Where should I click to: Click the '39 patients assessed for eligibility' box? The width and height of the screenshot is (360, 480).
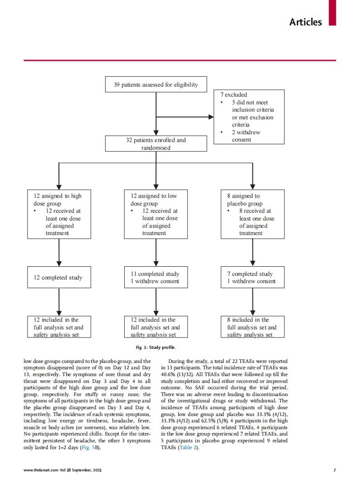(x=156, y=84)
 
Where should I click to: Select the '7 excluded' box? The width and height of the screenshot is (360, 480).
(x=249, y=117)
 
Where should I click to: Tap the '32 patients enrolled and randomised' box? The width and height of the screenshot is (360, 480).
(x=156, y=143)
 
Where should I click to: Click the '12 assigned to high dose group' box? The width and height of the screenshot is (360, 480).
(x=59, y=214)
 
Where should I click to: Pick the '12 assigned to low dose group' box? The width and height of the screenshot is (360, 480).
(x=156, y=214)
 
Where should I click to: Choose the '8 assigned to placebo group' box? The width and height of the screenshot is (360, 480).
(x=253, y=214)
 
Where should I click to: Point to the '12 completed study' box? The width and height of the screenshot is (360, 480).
(x=59, y=277)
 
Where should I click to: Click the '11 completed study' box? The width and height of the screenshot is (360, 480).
(x=156, y=277)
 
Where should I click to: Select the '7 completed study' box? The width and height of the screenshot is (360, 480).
(x=253, y=277)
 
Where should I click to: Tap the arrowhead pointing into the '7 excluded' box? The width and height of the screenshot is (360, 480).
(x=211, y=117)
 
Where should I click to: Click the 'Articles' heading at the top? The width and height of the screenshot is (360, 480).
(x=306, y=22)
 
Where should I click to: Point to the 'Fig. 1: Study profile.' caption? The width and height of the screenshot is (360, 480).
(x=156, y=348)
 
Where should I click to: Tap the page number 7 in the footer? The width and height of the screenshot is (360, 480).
(x=334, y=470)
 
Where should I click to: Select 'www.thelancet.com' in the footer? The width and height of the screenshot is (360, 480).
(x=41, y=470)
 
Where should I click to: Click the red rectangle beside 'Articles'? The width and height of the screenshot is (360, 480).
(x=332, y=13)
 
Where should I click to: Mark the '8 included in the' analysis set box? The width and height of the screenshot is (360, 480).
(x=253, y=327)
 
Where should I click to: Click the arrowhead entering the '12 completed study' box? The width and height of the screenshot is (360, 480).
(x=59, y=264)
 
